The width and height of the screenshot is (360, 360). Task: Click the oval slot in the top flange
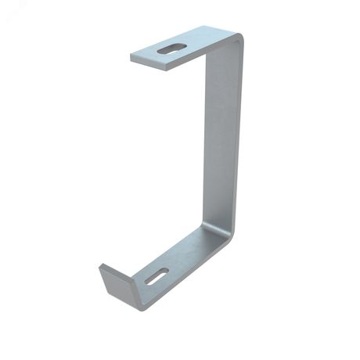coord(171,49)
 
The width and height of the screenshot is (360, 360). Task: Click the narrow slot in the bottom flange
coord(156,276)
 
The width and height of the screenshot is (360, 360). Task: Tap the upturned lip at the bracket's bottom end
coord(117,280)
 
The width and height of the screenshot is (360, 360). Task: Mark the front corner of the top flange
coord(167,68)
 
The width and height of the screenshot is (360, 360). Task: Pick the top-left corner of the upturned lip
coord(100,266)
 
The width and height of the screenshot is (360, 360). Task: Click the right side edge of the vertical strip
coord(239,141)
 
